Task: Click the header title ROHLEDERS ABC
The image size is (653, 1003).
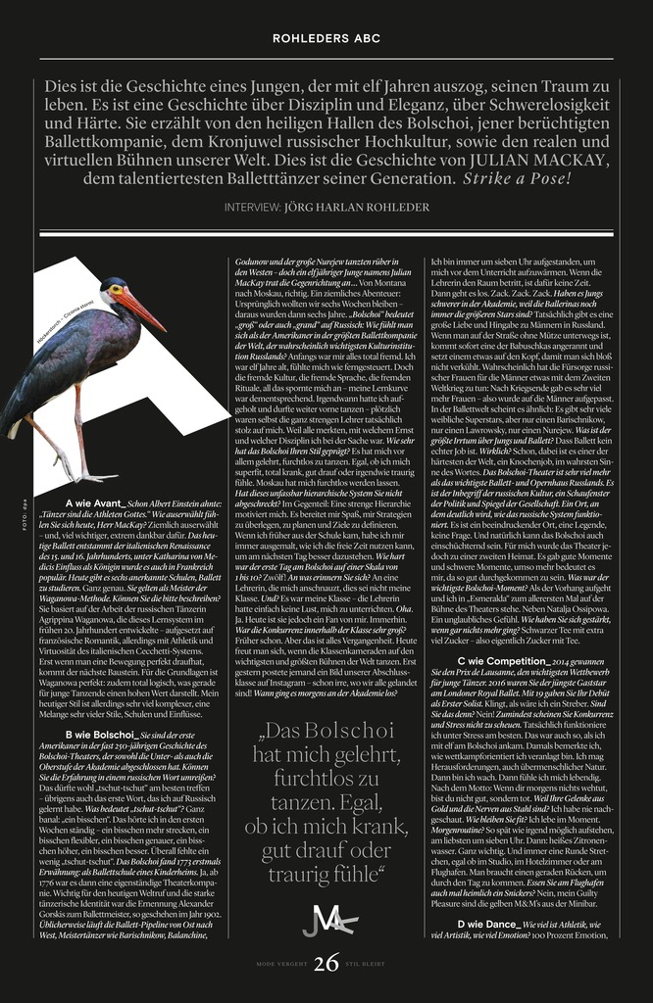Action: click(326, 38)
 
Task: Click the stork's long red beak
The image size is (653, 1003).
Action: click(143, 308)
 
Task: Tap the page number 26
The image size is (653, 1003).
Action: click(326, 965)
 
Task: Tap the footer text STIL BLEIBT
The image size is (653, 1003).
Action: click(372, 966)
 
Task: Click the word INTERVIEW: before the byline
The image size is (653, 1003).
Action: click(252, 208)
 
